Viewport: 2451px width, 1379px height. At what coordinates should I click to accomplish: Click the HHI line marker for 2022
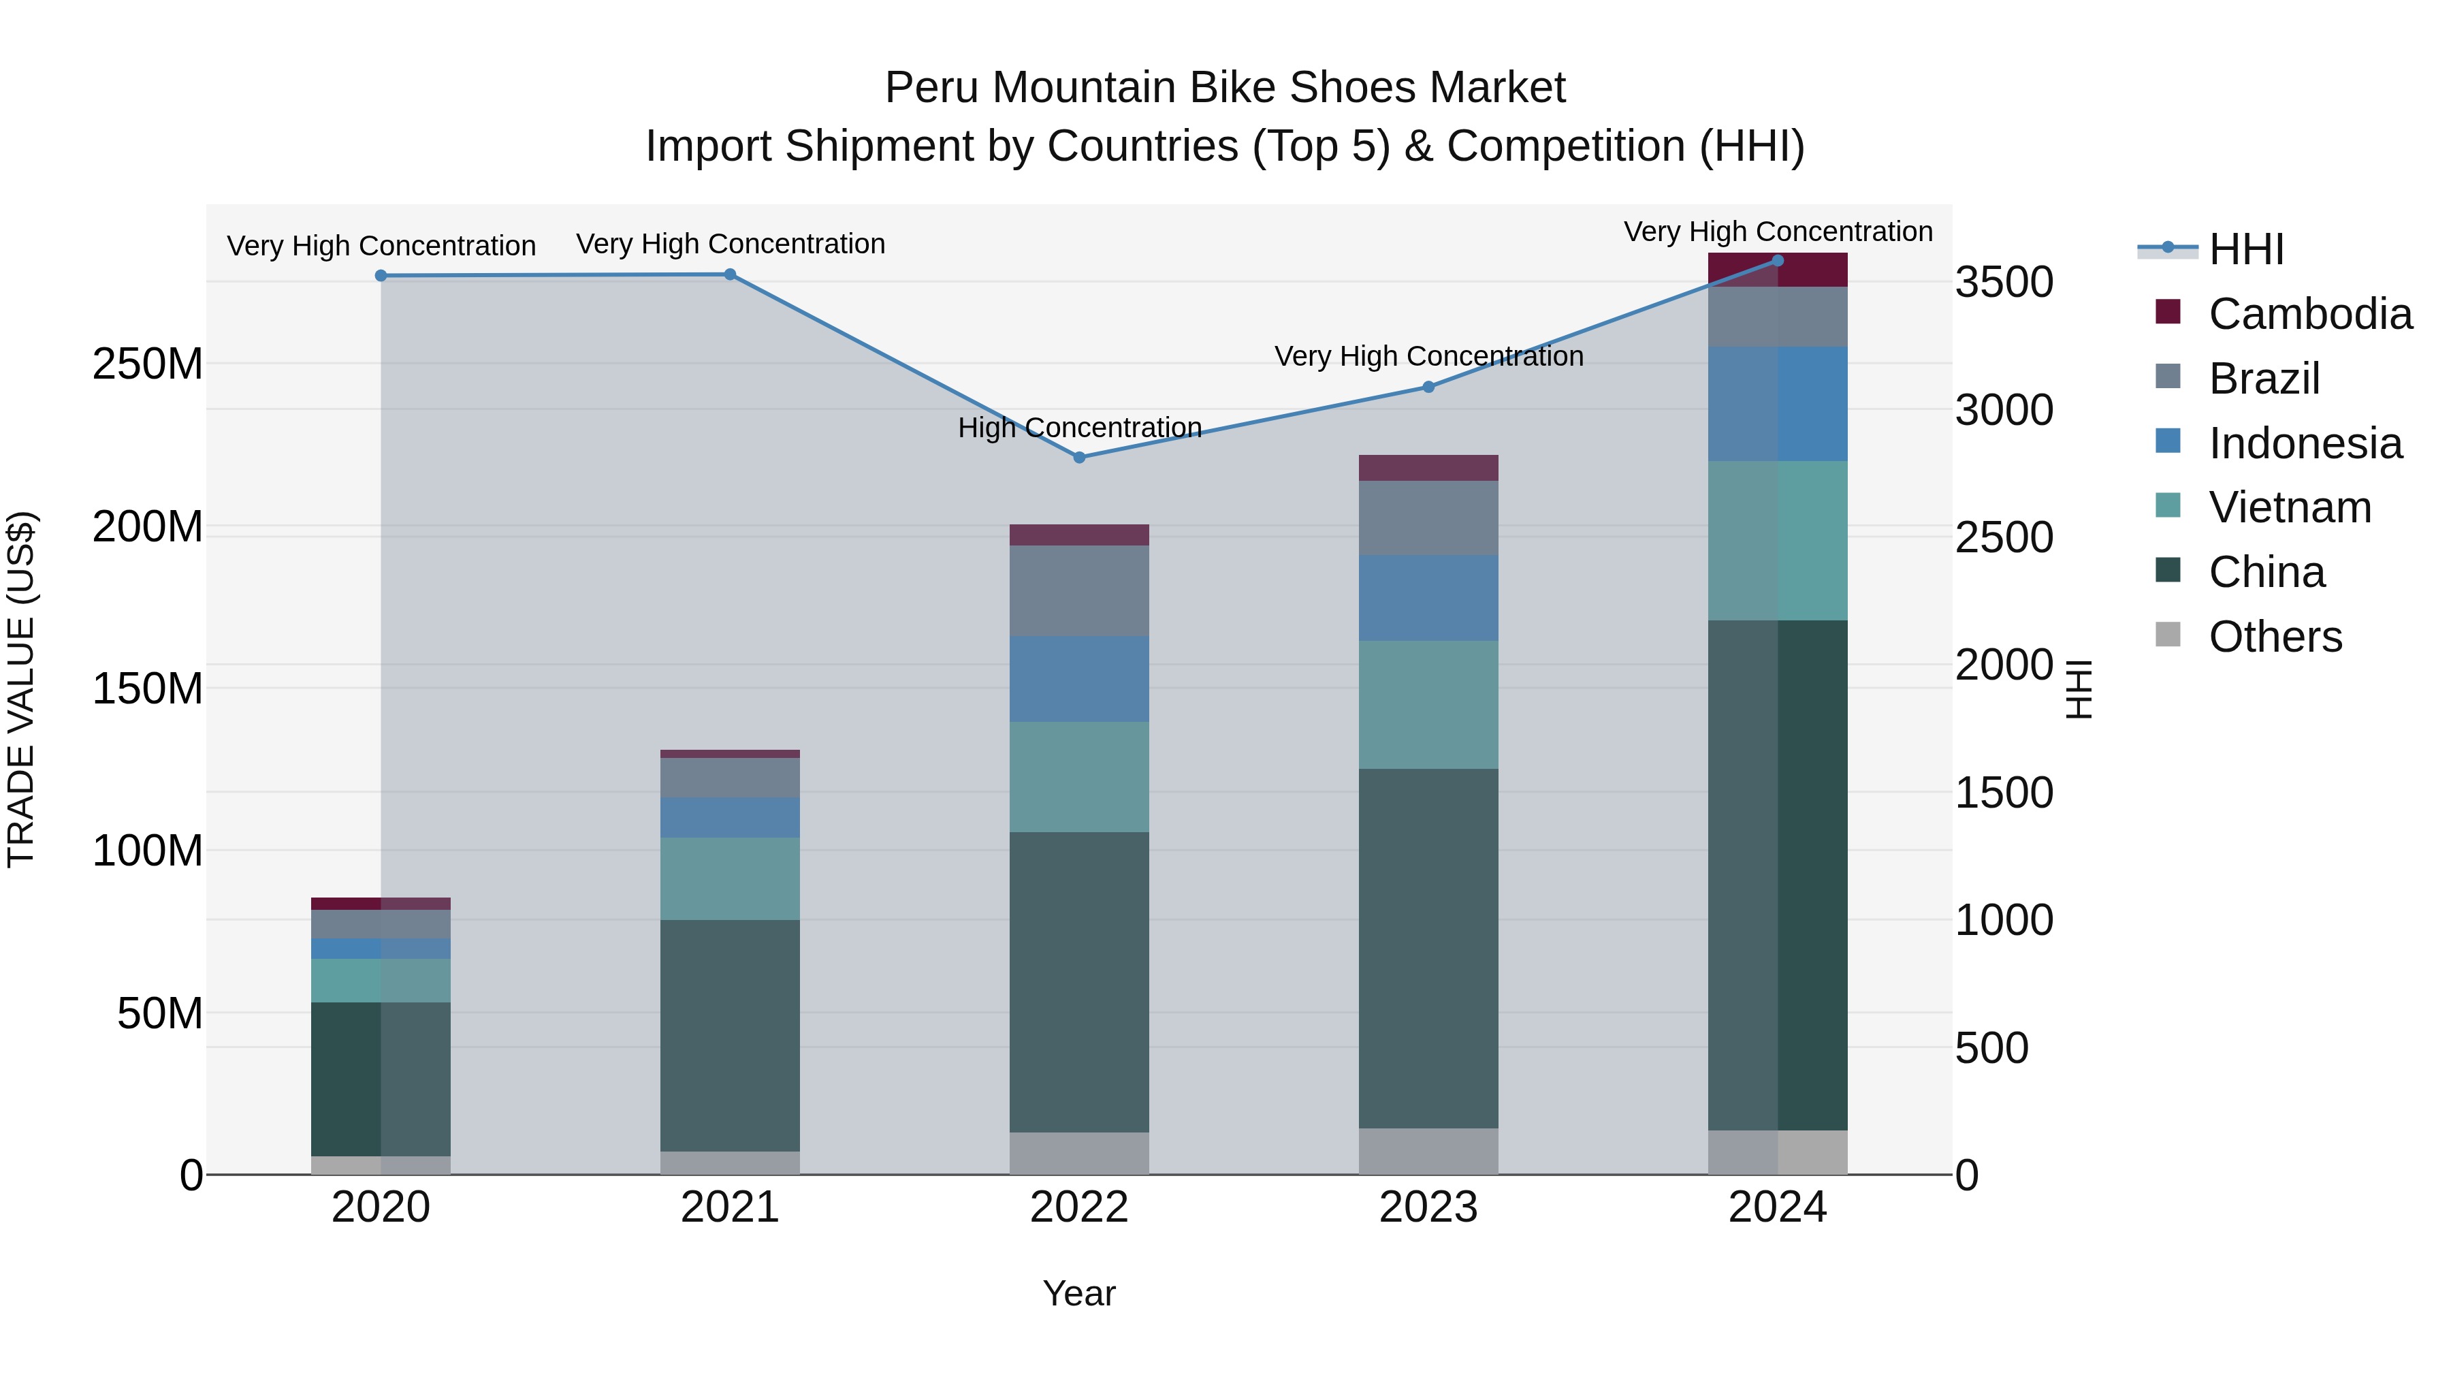[1079, 458]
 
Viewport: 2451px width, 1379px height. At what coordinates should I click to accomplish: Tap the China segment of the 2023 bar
[1428, 948]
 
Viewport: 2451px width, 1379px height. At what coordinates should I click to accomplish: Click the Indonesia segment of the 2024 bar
[1778, 405]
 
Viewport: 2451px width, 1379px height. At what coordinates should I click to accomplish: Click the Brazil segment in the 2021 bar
[730, 778]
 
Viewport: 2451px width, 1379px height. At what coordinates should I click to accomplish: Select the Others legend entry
[2274, 637]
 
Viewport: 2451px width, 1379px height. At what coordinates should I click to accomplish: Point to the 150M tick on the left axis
[148, 688]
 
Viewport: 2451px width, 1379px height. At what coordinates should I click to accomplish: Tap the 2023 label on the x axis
[1428, 1207]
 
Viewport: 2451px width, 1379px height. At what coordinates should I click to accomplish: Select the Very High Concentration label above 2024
[1778, 232]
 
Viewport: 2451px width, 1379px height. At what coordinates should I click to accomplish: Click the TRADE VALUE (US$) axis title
[21, 689]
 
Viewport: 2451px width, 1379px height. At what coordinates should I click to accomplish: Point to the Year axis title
[1079, 1293]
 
